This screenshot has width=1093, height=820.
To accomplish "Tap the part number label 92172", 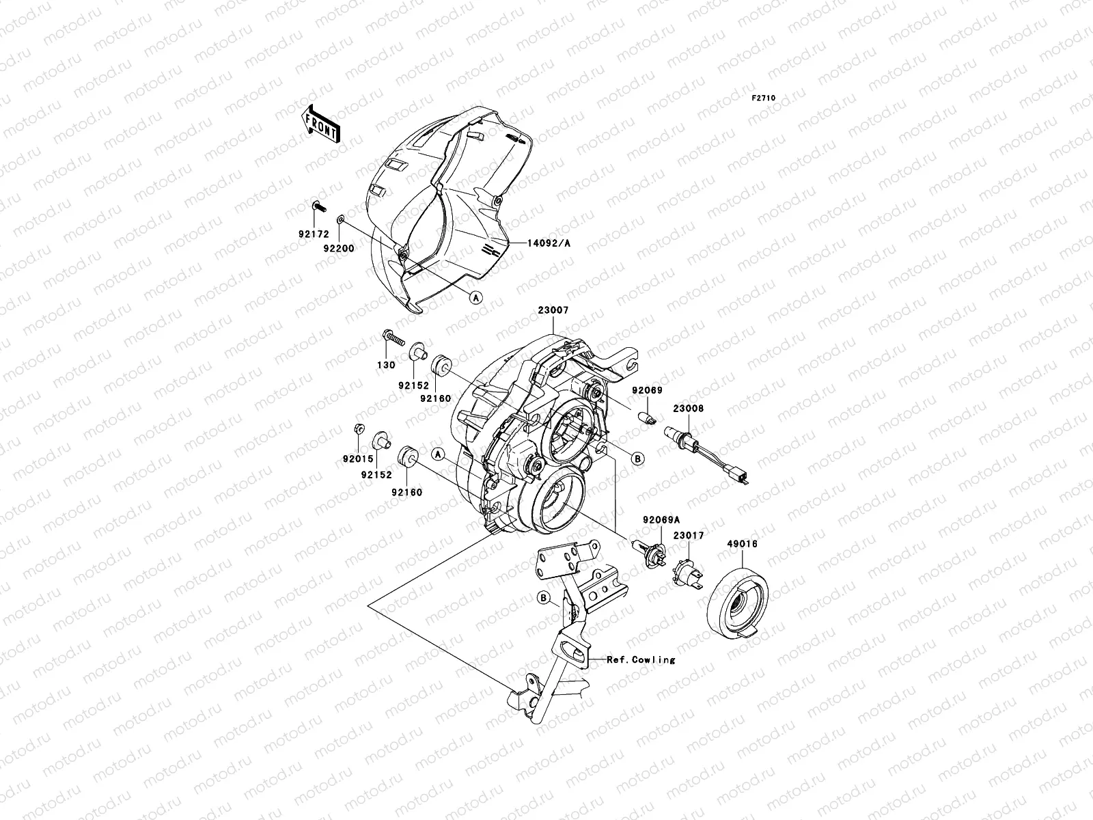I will tap(314, 234).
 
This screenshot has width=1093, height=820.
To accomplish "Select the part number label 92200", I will tap(339, 249).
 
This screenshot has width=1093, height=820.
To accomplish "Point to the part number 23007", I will tap(553, 310).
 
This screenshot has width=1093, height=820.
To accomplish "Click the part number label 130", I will tap(386, 365).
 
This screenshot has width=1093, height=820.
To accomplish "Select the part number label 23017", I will tap(689, 536).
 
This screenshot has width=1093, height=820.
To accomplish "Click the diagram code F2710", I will tap(764, 98).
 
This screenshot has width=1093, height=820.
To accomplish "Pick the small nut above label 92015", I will tap(358, 430).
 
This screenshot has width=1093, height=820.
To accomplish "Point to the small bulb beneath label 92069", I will tap(647, 418).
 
